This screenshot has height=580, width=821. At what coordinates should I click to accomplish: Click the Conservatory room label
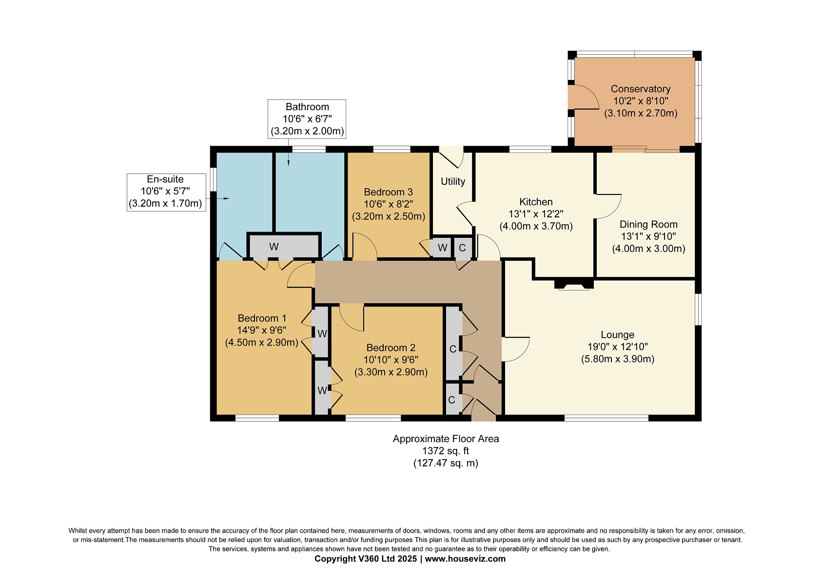[x=640, y=89]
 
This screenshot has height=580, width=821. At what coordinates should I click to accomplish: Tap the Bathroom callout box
[x=307, y=119]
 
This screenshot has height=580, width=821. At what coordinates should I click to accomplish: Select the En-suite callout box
[x=166, y=193]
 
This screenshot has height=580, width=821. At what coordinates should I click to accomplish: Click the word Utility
[x=452, y=181]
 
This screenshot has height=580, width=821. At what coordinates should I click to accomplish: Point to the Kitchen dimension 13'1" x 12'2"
[x=536, y=214]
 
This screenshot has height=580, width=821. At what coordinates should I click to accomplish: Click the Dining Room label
[x=648, y=224]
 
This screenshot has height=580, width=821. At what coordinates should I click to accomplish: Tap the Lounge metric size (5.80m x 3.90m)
[x=618, y=359]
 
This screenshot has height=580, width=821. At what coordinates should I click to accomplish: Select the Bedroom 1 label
[x=262, y=318]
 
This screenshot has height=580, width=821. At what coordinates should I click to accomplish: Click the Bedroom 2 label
[x=391, y=348]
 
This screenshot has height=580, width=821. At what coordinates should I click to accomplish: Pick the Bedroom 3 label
[x=388, y=192]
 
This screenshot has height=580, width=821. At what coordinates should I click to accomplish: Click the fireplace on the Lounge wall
[x=574, y=285]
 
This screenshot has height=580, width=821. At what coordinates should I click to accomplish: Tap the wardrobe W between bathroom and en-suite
[x=284, y=246]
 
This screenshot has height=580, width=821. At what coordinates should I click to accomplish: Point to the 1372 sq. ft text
[x=446, y=451]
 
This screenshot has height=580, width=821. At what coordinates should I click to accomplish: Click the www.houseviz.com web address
[x=465, y=559]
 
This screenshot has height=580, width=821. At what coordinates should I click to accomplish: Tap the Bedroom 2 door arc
[x=352, y=317]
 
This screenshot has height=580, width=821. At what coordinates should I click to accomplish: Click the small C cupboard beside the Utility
[x=462, y=248]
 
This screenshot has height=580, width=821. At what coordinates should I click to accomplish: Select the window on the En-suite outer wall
[x=213, y=179]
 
